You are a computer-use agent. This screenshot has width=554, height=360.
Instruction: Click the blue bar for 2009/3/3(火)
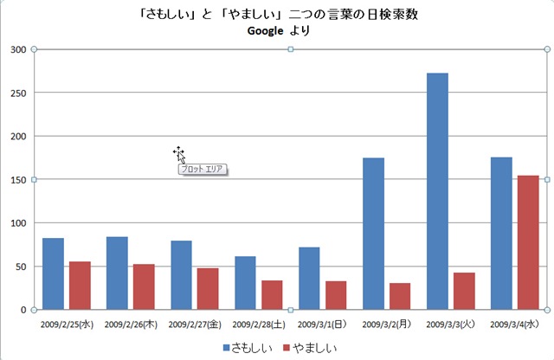click(437, 190)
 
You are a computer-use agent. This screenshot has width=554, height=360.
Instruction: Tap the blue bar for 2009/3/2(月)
click(373, 234)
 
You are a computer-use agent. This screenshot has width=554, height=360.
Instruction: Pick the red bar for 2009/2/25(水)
click(80, 286)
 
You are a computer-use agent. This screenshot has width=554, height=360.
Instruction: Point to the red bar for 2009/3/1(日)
click(336, 295)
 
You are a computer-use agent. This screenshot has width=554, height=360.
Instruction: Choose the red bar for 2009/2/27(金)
click(208, 288)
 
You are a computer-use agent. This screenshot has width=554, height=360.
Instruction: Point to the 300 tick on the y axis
click(18, 49)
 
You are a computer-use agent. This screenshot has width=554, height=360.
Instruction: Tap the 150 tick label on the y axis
click(18, 179)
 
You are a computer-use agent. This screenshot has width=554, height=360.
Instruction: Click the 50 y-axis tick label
click(21, 266)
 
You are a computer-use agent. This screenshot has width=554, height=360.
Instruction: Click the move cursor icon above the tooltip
click(177, 152)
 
